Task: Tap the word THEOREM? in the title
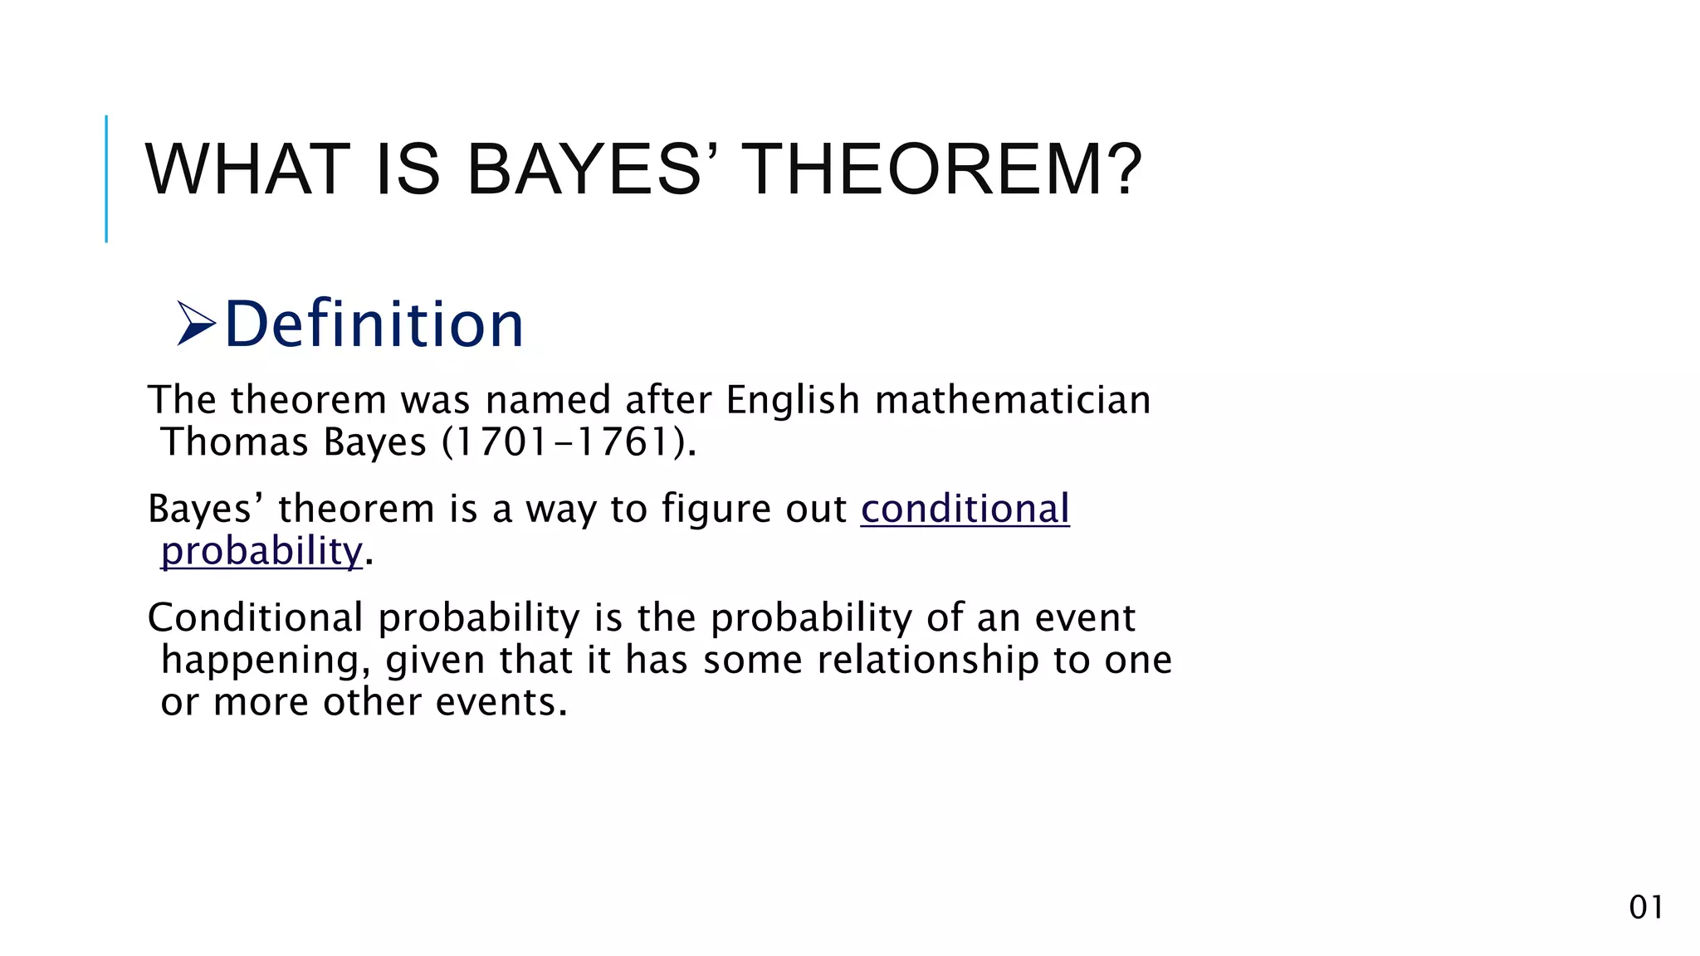[941, 170]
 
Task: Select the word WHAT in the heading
[247, 170]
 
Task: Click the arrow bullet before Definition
[196, 324]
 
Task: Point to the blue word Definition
[374, 324]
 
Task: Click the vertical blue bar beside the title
[106, 178]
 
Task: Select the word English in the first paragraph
[792, 401]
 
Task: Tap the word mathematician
[1013, 401]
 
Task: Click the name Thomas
[235, 441]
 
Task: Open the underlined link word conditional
[965, 509]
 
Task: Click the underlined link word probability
[261, 551]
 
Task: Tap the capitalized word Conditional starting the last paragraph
[255, 618]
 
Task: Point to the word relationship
[927, 661]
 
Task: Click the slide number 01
[1645, 907]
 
